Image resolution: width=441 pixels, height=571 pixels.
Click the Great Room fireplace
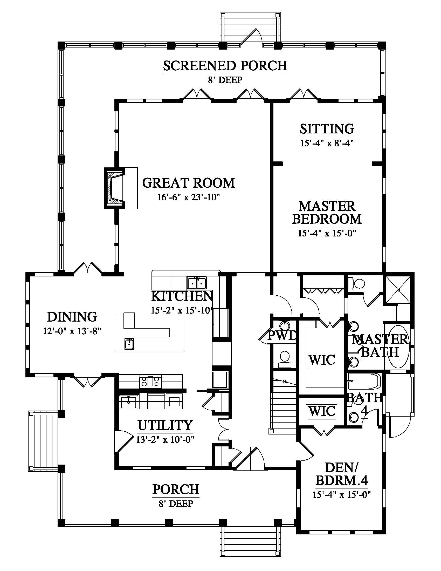114,188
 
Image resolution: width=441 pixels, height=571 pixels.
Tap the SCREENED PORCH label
225,66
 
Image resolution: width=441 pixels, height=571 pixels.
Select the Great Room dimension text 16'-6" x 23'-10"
188,197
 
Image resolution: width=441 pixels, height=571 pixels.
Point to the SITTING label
327,129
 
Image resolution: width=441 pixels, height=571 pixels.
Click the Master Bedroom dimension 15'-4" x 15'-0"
327,233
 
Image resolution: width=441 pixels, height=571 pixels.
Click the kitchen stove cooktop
150,382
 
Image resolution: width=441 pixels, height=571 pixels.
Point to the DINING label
72,317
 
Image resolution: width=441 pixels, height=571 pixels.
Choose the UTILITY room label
165,425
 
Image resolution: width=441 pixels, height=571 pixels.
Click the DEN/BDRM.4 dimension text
342,495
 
